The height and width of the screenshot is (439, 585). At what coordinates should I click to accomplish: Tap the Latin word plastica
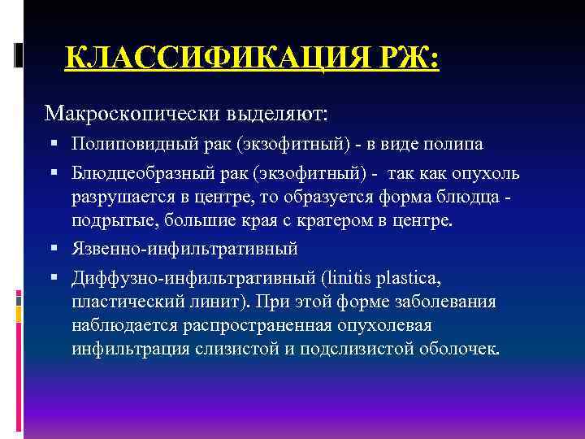tap(411, 280)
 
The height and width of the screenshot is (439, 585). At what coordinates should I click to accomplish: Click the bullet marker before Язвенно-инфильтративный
tap(53, 248)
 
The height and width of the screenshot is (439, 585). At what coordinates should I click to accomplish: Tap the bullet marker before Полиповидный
tap(53, 145)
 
